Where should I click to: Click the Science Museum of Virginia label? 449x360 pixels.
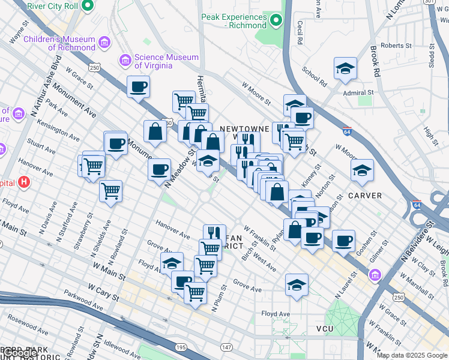[x=166, y=61]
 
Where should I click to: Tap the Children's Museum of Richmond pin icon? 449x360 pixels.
[x=104, y=43]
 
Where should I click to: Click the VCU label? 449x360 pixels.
[x=329, y=329]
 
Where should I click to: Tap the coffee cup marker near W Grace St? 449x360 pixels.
[x=137, y=86]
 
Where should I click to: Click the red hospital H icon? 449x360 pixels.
[x=23, y=181]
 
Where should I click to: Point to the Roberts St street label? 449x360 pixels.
[x=396, y=46]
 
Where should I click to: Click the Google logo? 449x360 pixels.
[x=20, y=353]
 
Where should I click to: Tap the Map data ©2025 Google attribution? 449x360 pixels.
[x=412, y=355]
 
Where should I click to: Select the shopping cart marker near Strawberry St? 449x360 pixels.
[x=110, y=192]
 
